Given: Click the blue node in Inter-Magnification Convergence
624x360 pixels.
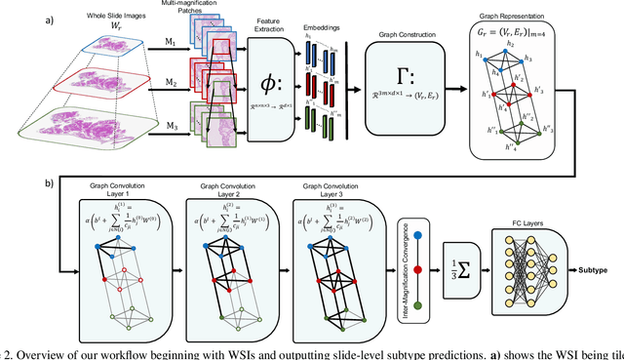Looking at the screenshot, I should pos(418,236).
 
